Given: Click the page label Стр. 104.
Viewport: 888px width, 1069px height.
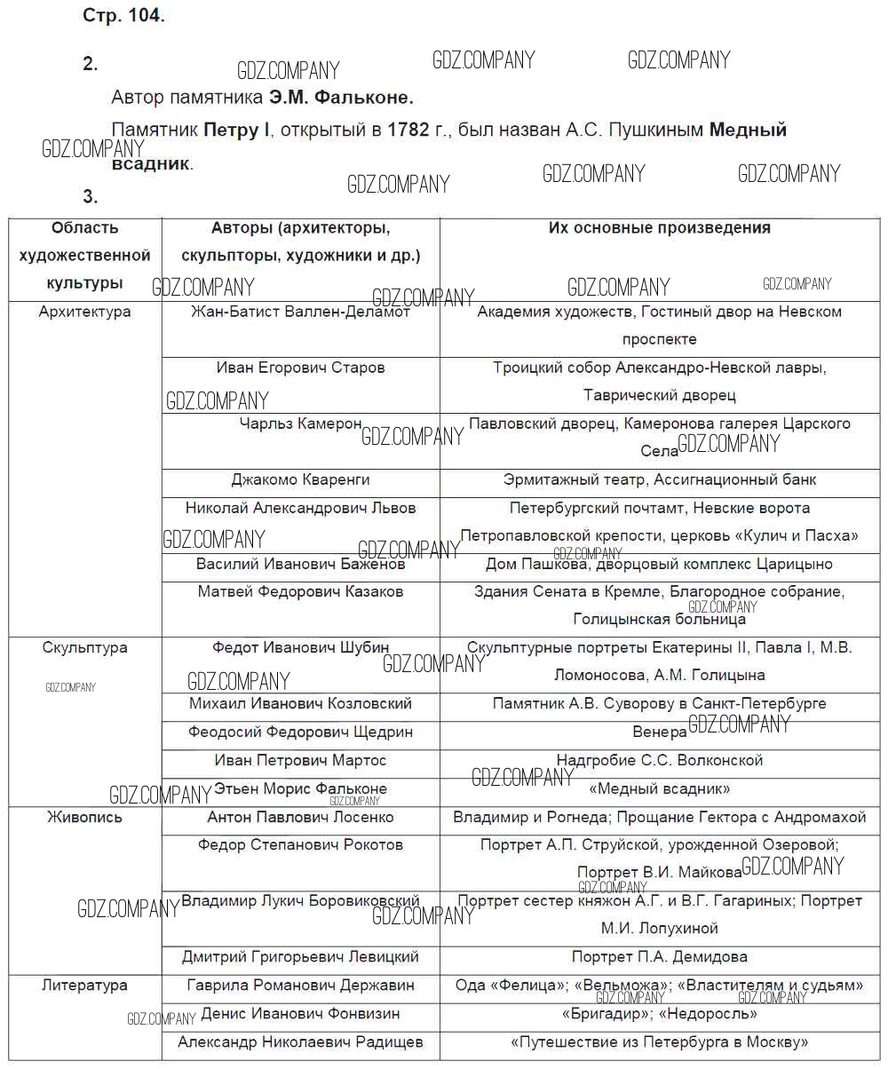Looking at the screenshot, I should click(123, 17).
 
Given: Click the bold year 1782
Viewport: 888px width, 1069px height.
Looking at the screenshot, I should click(407, 131).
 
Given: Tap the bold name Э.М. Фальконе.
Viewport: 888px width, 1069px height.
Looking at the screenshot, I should click(341, 97).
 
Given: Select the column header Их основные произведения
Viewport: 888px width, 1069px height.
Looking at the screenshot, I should click(659, 228).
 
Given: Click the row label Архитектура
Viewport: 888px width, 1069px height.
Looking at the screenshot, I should click(85, 312).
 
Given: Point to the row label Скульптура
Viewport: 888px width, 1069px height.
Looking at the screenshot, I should click(85, 647).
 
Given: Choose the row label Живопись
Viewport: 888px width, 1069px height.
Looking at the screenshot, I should click(85, 817).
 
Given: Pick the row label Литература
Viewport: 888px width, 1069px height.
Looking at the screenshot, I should click(85, 985).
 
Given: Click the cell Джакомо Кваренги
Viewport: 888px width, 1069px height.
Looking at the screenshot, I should click(300, 479).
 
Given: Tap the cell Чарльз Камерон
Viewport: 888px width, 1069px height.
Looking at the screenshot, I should click(300, 424).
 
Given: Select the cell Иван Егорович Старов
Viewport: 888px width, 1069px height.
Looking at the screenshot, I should click(300, 368).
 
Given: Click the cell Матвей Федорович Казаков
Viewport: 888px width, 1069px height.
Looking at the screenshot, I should click(300, 591).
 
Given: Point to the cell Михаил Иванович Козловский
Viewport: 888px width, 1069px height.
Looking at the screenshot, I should click(300, 703).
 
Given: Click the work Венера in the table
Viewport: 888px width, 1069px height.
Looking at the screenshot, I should click(659, 732).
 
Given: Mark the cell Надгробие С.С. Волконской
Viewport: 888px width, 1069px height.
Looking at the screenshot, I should click(659, 760).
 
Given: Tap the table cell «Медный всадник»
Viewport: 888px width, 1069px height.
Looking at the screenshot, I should click(659, 788).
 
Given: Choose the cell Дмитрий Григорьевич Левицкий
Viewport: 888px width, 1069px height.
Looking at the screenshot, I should click(300, 957).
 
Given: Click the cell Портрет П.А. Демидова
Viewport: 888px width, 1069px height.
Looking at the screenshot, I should click(659, 957).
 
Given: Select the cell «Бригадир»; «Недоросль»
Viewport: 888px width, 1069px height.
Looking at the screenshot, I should click(659, 1013).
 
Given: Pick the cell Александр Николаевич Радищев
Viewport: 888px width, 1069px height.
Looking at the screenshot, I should click(300, 1041).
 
